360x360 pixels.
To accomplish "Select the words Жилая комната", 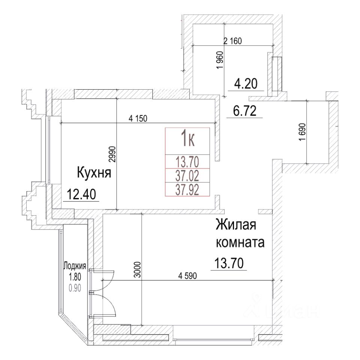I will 240,234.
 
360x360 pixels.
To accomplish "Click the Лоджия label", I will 75,266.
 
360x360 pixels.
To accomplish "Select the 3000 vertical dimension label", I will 138,269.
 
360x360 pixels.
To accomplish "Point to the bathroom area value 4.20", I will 246,83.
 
